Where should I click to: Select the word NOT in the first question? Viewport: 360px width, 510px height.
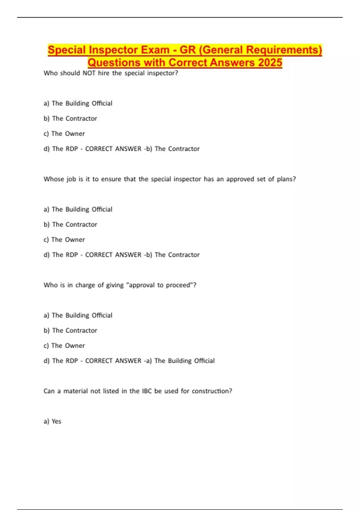tap(89, 73)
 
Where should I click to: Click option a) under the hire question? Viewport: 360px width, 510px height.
tap(78, 103)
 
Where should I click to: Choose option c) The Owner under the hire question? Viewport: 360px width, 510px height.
tap(64, 134)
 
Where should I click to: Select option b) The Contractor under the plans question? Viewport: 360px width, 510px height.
tap(70, 224)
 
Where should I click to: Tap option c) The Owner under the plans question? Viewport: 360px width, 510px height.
tap(64, 240)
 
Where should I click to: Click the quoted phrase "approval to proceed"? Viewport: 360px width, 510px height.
tap(160, 285)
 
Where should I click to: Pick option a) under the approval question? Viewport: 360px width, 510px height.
tap(78, 315)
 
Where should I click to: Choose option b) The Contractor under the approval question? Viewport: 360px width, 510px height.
tap(70, 331)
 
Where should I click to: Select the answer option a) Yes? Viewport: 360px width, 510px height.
tap(52, 421)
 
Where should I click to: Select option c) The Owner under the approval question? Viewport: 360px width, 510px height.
tap(64, 346)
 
